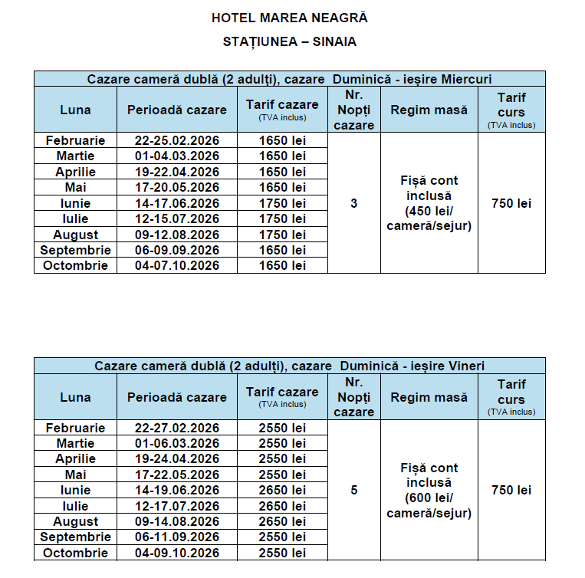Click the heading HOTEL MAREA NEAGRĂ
click(x=290, y=17)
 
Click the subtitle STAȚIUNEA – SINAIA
click(x=290, y=41)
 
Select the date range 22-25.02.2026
click(x=177, y=140)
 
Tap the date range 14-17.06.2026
click(x=177, y=203)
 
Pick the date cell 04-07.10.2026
click(x=177, y=266)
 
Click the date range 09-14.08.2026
click(x=177, y=521)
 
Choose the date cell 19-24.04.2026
click(x=177, y=458)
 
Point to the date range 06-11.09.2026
click(x=177, y=537)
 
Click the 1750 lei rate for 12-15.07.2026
click(x=282, y=219)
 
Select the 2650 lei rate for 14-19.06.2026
click(x=282, y=490)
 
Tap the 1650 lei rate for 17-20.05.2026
click(x=282, y=188)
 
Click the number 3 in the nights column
click(x=353, y=203)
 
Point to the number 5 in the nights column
click(x=353, y=490)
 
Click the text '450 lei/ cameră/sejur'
click(x=429, y=218)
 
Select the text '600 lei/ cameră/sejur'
click(x=429, y=506)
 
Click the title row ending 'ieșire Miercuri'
click(x=290, y=79)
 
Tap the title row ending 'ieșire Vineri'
click(x=290, y=366)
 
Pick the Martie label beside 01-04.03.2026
click(x=75, y=156)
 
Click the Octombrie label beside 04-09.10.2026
click(x=75, y=553)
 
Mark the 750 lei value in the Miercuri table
click(x=511, y=203)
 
